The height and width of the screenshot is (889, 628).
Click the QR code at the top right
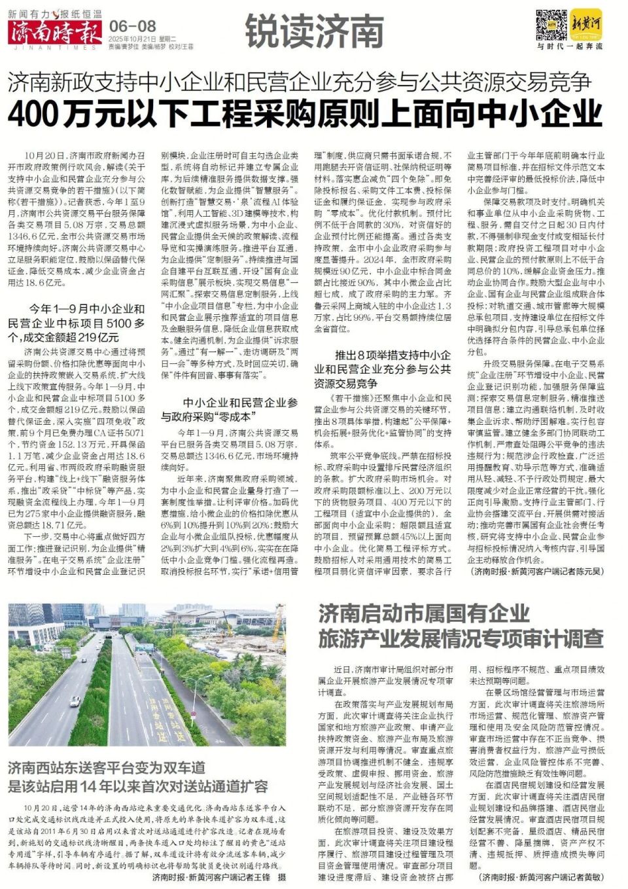click(x=551, y=26)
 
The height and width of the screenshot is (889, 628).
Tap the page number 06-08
click(x=133, y=26)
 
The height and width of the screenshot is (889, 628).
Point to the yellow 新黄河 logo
click(x=585, y=24)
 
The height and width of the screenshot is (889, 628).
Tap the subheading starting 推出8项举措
click(x=383, y=369)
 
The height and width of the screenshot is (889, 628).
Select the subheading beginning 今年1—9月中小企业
click(x=77, y=323)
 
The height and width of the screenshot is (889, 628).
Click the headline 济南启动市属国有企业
click(x=424, y=613)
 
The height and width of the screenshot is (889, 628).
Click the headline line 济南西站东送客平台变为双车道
click(x=107, y=767)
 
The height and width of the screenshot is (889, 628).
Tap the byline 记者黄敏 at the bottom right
click(x=542, y=877)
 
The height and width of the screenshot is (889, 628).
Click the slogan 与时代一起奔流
click(x=569, y=46)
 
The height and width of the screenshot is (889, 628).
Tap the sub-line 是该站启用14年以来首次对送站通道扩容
click(x=138, y=786)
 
